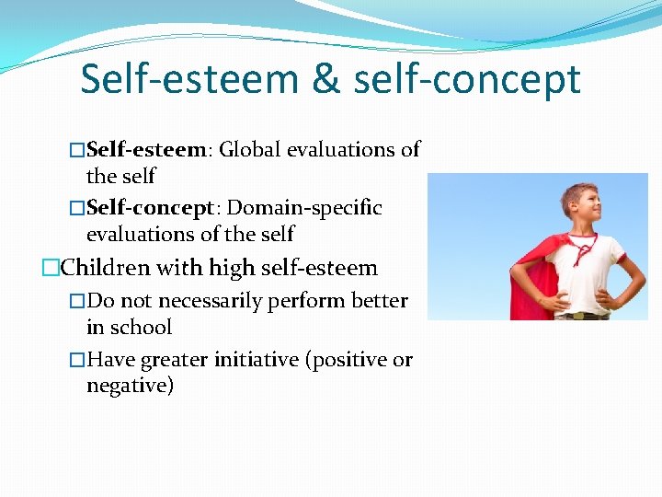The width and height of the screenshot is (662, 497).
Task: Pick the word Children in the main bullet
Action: point(106,269)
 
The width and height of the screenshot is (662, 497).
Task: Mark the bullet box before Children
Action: point(51,269)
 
